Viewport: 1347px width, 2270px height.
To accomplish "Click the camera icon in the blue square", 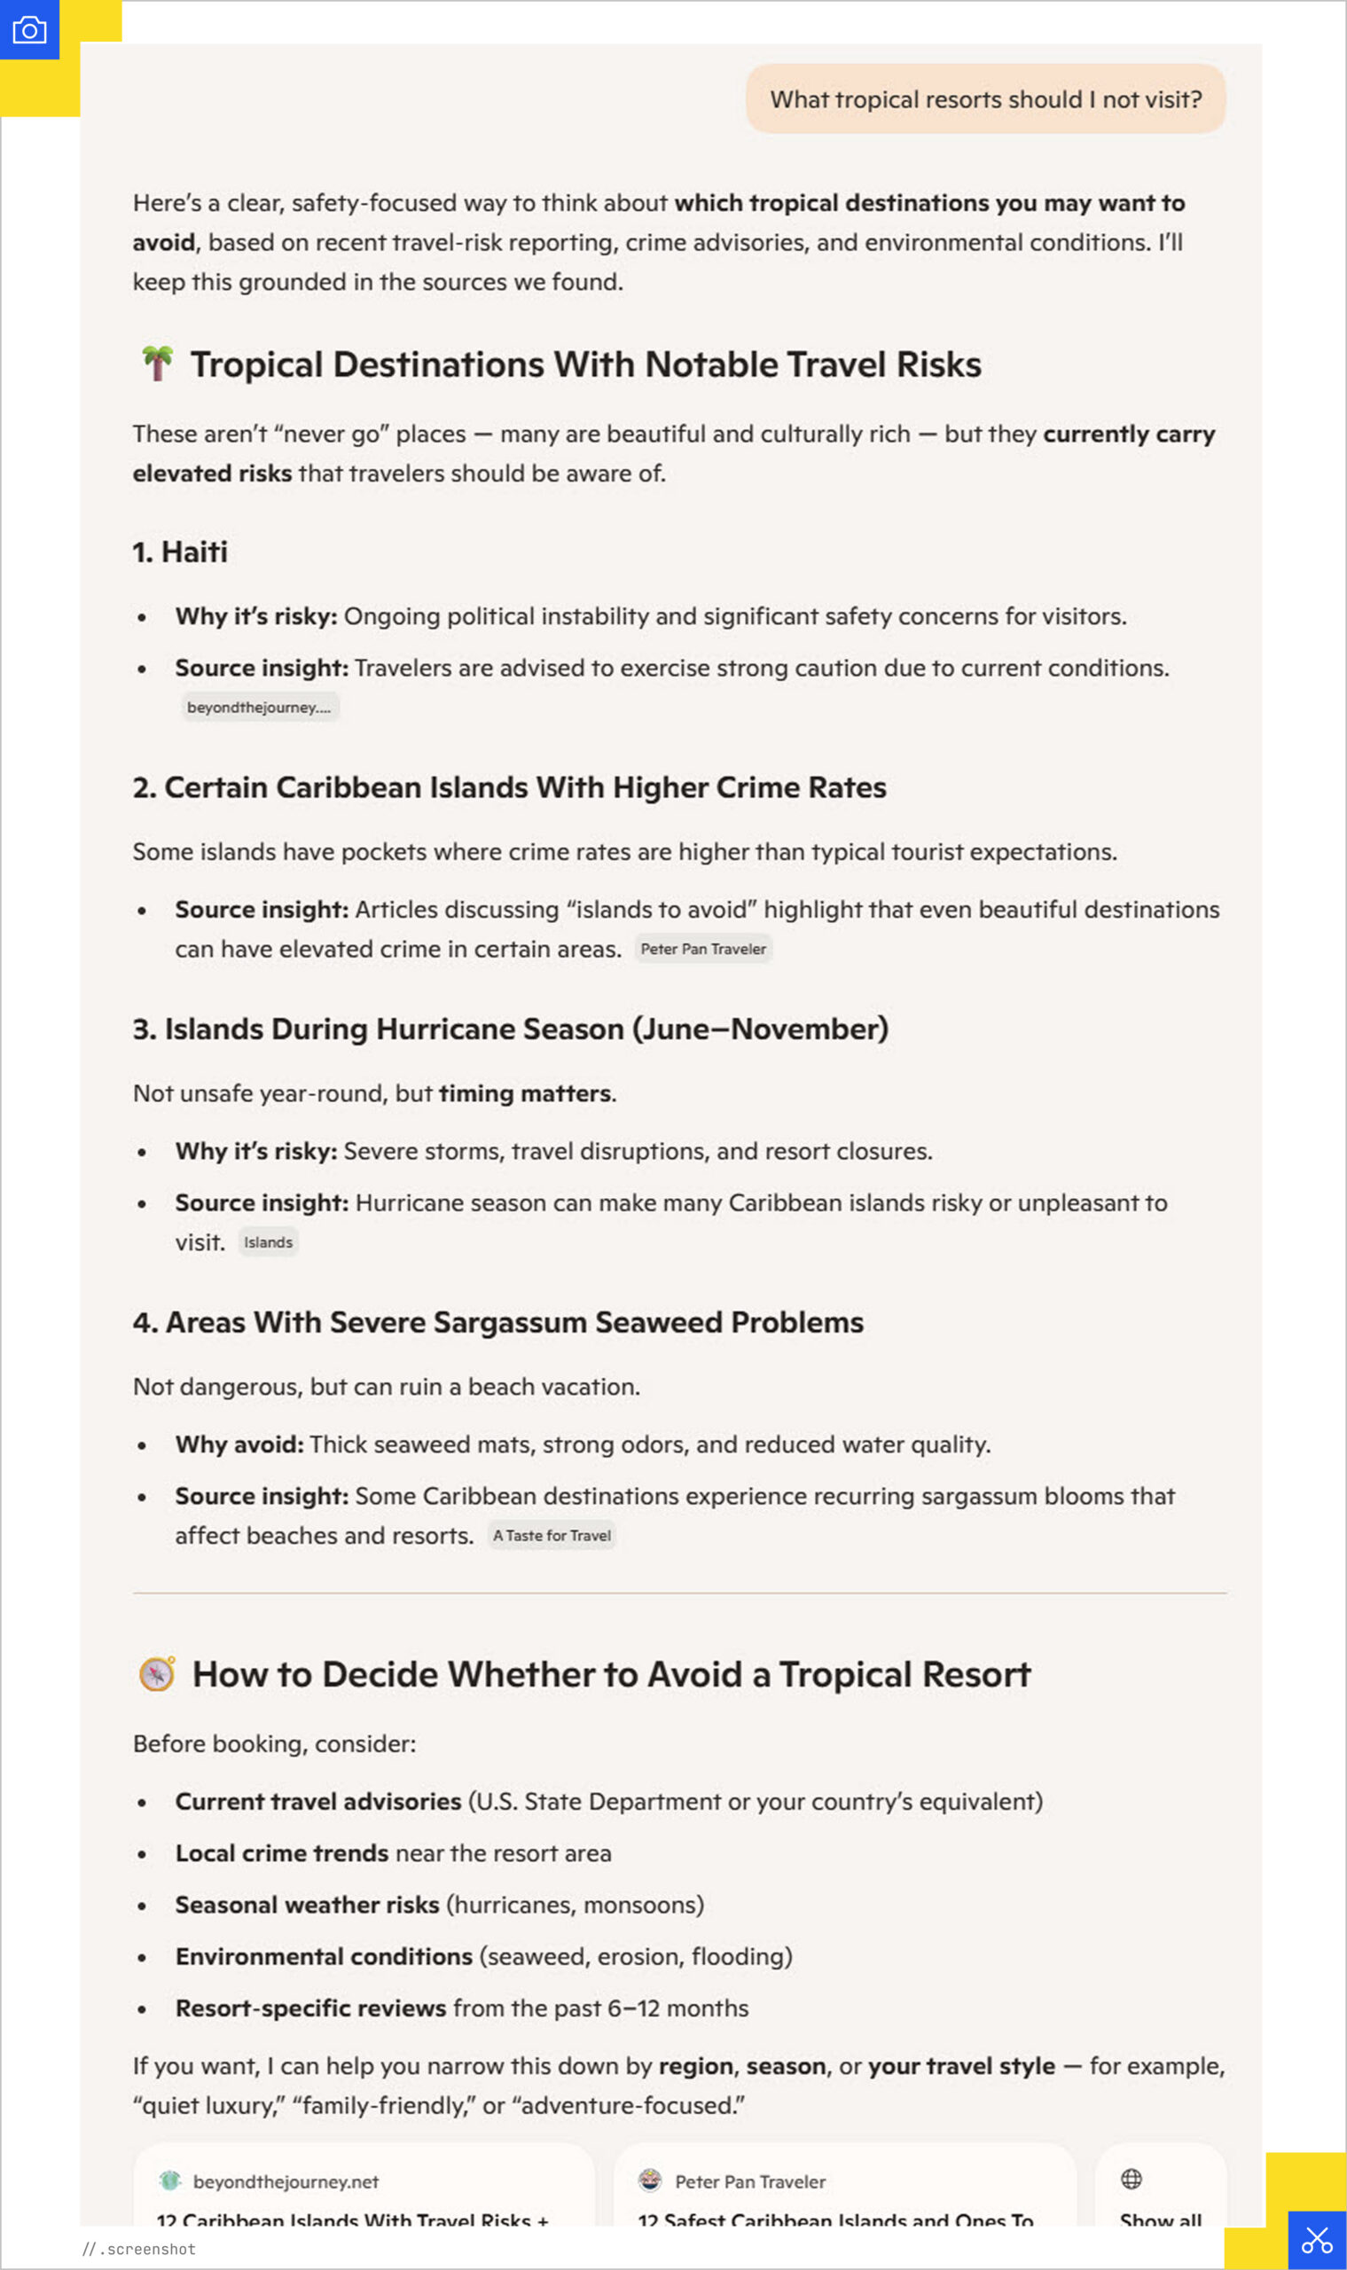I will pyautogui.click(x=29, y=30).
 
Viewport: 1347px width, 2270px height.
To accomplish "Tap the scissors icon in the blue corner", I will pyautogui.click(x=1316, y=2239).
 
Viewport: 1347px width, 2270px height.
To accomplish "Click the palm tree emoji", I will pyautogui.click(x=157, y=364).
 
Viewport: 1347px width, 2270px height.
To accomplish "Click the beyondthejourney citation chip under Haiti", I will pyautogui.click(x=260, y=707).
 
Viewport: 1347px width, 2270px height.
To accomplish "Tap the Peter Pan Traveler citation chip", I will pyautogui.click(x=702, y=949).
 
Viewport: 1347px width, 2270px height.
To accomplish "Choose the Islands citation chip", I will pyautogui.click(x=268, y=1241).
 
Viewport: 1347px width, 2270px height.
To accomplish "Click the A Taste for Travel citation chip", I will pyautogui.click(x=551, y=1535).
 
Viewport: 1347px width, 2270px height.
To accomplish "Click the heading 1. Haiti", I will pyautogui.click(x=180, y=552).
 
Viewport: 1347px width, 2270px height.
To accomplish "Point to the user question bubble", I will pyautogui.click(x=985, y=99).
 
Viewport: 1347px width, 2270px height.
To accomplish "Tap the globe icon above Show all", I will pyautogui.click(x=1131, y=2179).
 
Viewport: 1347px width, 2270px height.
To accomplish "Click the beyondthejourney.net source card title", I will pyautogui.click(x=352, y=2219).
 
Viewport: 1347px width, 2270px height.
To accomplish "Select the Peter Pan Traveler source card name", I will pyautogui.click(x=749, y=2181).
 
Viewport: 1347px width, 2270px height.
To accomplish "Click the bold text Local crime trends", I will pyautogui.click(x=281, y=1852).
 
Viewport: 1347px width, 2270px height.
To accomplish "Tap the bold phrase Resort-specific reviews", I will pyautogui.click(x=310, y=2008).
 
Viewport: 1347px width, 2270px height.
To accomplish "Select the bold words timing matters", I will pyautogui.click(x=525, y=1092).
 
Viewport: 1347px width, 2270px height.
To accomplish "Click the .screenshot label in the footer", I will pyautogui.click(x=146, y=2249).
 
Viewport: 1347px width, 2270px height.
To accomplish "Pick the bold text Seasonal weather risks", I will pyautogui.click(x=307, y=1904).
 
